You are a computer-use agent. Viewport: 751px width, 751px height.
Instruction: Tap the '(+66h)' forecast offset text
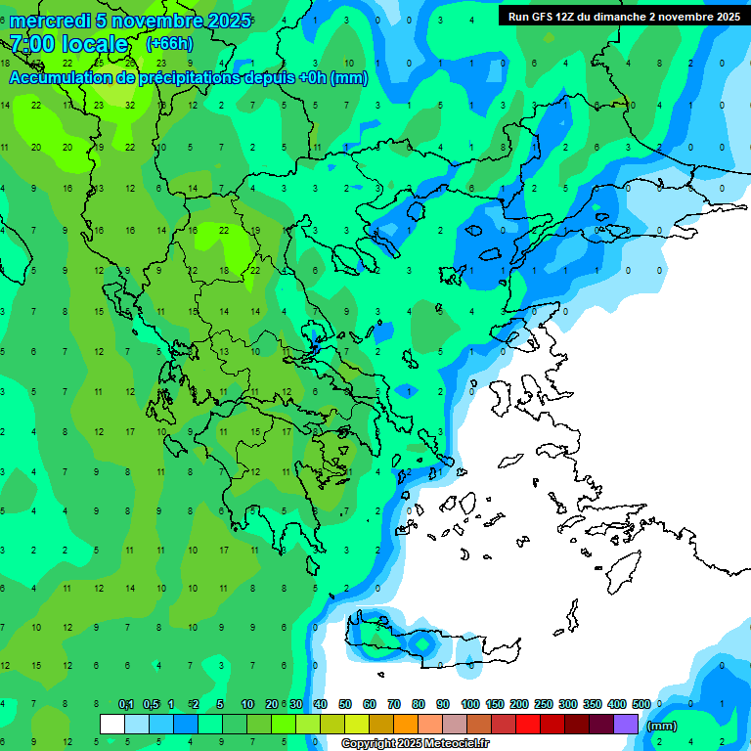[x=169, y=43]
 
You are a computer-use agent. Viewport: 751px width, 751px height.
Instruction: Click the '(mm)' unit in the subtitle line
[x=349, y=78]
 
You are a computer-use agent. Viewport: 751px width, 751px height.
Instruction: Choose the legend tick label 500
[x=641, y=704]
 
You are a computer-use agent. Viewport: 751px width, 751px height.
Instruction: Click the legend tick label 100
[x=470, y=704]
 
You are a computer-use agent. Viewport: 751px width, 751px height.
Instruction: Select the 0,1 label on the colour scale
[x=126, y=704]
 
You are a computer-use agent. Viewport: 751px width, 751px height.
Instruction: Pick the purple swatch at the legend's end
[x=626, y=724]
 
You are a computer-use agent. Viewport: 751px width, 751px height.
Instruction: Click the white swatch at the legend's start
[x=112, y=724]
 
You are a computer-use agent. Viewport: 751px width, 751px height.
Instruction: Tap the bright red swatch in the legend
[x=528, y=724]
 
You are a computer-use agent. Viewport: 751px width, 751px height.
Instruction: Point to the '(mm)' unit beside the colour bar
[x=662, y=726]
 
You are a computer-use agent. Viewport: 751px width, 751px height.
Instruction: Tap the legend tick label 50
[x=345, y=704]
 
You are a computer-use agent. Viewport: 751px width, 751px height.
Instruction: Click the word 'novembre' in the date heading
[x=164, y=21]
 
